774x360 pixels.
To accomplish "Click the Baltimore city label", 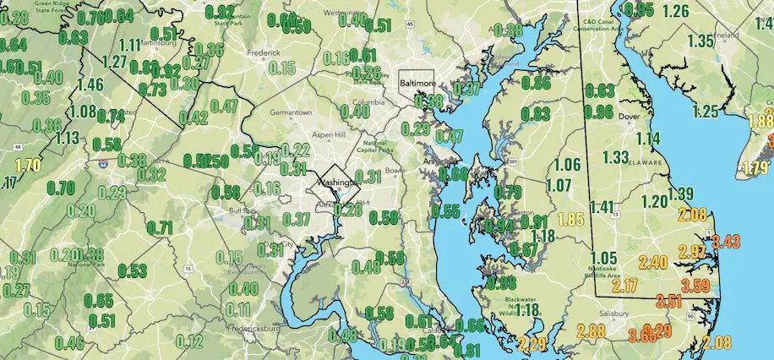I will (x=417, y=85).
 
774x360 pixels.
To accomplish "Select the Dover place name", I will (x=627, y=117).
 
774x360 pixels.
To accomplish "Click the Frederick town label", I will (x=263, y=52).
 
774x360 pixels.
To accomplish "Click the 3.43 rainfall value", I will (x=726, y=242).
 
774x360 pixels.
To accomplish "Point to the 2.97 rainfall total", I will (x=691, y=251).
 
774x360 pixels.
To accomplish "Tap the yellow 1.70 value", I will (x=28, y=165).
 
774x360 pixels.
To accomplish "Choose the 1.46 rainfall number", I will (x=90, y=84).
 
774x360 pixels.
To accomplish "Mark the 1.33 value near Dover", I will (x=616, y=157).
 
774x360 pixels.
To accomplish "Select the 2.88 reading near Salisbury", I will (x=591, y=330).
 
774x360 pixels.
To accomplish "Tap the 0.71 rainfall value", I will (x=160, y=226).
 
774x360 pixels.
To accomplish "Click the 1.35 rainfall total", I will (x=701, y=41).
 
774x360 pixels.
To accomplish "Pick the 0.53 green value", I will (x=132, y=270).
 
